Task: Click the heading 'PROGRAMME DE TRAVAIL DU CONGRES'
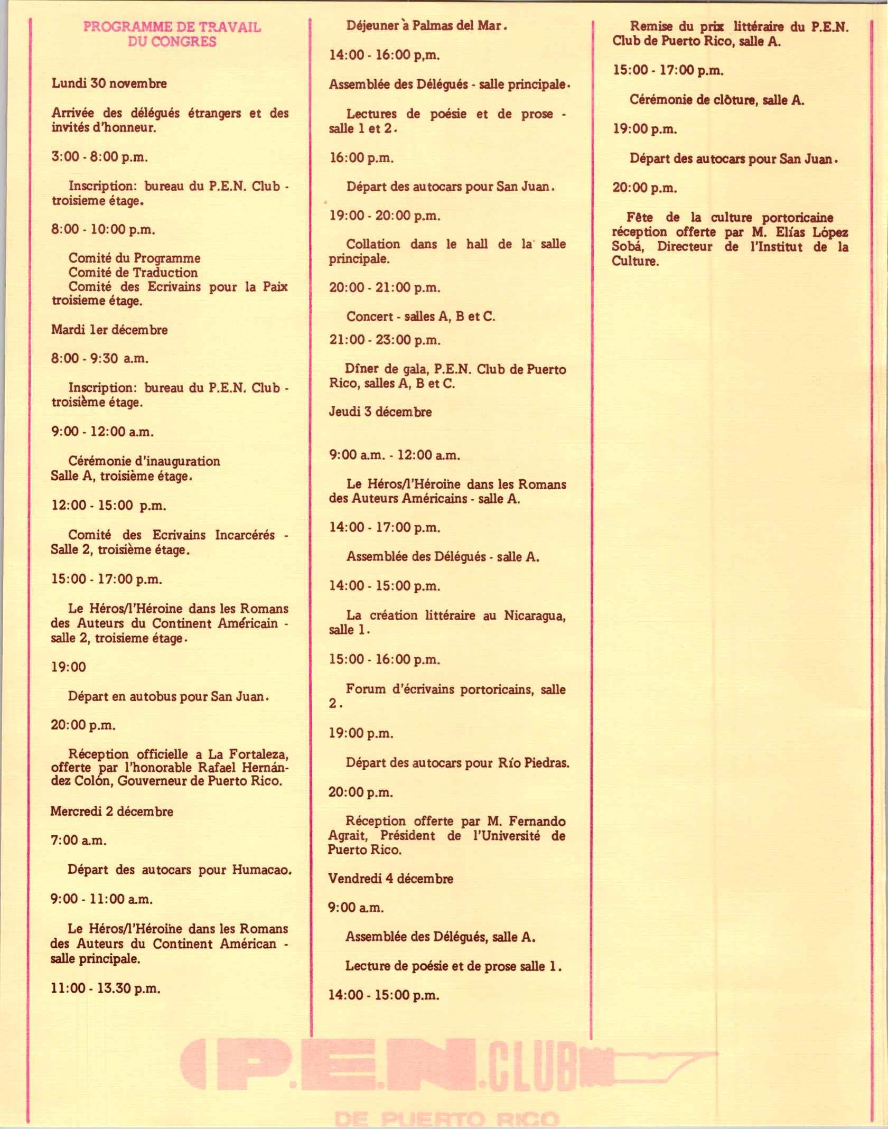[x=172, y=34]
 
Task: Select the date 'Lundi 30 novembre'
[x=109, y=83]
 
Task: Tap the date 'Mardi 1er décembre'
[x=109, y=330]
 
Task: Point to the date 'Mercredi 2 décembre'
[x=111, y=811]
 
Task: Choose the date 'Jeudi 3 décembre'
[x=380, y=412]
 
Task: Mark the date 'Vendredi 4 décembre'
[x=390, y=879]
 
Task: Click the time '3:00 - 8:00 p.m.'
[x=99, y=156]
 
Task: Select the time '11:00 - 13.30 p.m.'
[x=106, y=988]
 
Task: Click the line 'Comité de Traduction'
[x=133, y=273]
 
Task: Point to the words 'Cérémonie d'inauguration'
[x=144, y=461]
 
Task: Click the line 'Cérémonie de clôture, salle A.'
[x=716, y=100]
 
